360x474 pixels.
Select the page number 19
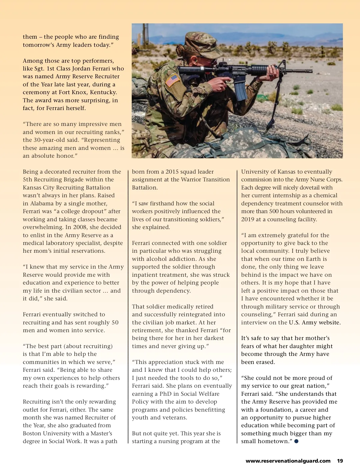(x=340, y=461)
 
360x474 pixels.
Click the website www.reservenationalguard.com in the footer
(x=288, y=461)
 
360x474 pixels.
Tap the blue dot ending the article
(x=296, y=441)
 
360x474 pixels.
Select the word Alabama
(x=43, y=203)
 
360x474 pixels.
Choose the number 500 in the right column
(x=274, y=211)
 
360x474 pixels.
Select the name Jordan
(x=84, y=68)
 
